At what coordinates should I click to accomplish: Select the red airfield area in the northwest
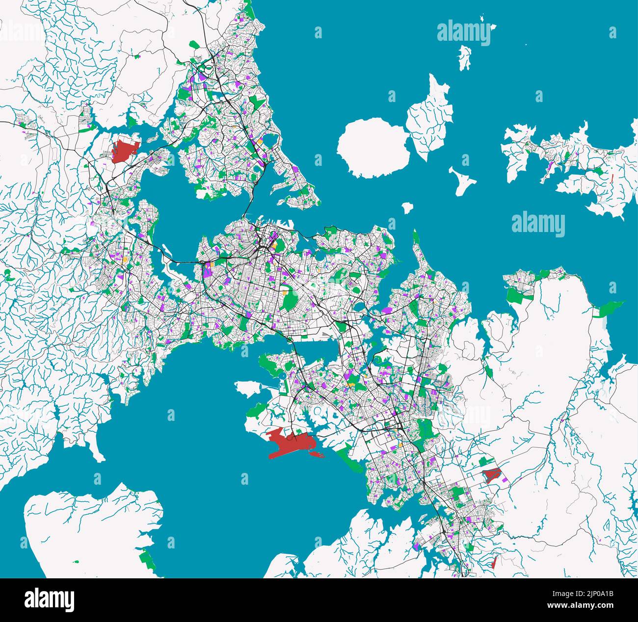[x=124, y=151]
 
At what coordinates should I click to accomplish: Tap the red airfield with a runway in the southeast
[x=491, y=474]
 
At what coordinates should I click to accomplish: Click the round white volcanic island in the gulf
[x=373, y=148]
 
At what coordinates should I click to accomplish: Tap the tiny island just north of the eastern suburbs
[x=407, y=208]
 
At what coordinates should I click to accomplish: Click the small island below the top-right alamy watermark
[x=464, y=57]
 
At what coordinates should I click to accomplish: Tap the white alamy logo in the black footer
[x=49, y=599]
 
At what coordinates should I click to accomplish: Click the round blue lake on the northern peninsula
[x=270, y=142]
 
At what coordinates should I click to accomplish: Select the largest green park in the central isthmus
[x=291, y=300]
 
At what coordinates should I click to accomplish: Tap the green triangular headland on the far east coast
[x=609, y=308]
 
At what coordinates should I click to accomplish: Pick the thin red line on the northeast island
[x=612, y=178]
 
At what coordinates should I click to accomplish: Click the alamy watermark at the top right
[x=463, y=33]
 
